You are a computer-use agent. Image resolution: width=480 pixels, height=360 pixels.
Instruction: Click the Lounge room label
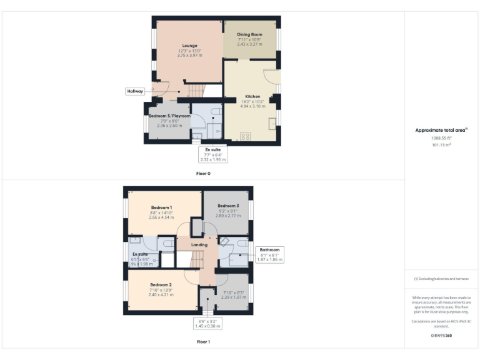point(190,46)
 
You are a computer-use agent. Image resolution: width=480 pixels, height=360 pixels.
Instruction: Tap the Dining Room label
point(249,34)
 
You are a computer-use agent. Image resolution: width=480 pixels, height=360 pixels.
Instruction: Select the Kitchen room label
point(252,96)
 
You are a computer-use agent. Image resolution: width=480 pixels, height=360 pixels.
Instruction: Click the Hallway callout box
point(136,91)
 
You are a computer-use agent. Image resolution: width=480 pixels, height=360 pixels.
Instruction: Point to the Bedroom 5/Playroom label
point(169,116)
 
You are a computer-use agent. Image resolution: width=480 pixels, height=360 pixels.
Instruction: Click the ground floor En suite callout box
point(213,154)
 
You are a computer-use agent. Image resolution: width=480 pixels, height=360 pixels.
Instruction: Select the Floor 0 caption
point(203,173)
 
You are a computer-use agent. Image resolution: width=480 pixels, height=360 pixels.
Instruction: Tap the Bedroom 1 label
point(161,207)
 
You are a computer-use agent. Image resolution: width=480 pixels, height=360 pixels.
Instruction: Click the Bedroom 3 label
point(228,206)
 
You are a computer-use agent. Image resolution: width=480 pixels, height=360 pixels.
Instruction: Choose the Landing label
point(199,244)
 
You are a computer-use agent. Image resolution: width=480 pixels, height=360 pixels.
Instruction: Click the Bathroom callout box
point(270,254)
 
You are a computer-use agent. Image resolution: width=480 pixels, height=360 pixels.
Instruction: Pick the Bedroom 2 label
point(161,284)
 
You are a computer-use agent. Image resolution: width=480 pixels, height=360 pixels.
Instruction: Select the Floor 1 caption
point(203,342)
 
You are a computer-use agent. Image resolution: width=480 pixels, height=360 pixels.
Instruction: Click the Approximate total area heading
point(441,130)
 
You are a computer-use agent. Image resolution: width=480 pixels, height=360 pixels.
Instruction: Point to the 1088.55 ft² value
point(441,138)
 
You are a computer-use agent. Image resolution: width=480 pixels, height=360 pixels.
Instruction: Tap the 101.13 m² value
point(441,144)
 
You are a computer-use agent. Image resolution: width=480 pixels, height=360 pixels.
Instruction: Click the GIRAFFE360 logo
point(441,336)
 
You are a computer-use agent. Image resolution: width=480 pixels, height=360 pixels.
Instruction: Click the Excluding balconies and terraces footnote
point(441,279)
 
